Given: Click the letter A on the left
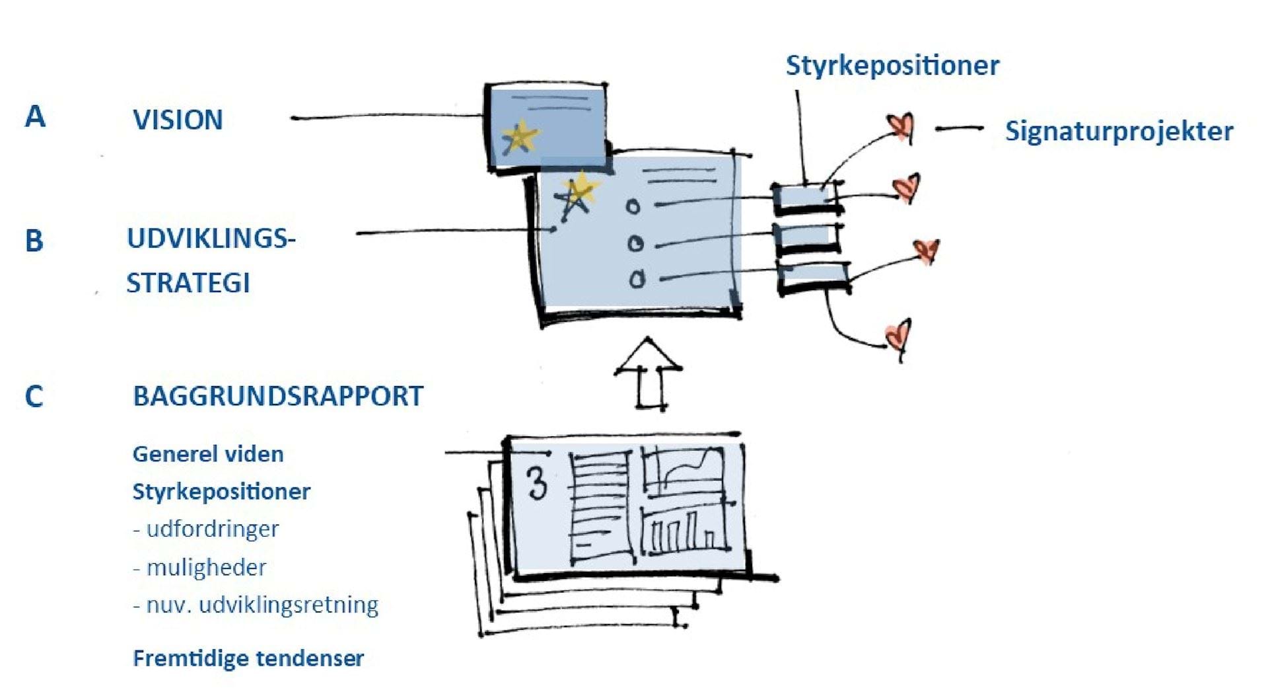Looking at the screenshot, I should (x=35, y=116).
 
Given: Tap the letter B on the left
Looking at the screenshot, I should (x=34, y=241).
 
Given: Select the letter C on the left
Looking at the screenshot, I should (x=34, y=397).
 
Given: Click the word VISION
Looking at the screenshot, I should (x=178, y=120).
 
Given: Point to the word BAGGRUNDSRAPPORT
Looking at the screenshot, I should (x=278, y=396).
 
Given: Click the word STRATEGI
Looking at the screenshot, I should (x=188, y=283).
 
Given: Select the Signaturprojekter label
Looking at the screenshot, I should (x=1119, y=131).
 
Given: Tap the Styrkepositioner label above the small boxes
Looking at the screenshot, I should (x=892, y=65).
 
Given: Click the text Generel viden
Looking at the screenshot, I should (x=208, y=454).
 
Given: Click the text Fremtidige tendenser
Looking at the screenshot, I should (x=248, y=658).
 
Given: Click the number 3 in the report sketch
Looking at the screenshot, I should (x=538, y=483).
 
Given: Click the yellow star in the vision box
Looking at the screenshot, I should (x=520, y=137).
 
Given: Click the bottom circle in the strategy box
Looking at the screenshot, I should (x=637, y=280).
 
